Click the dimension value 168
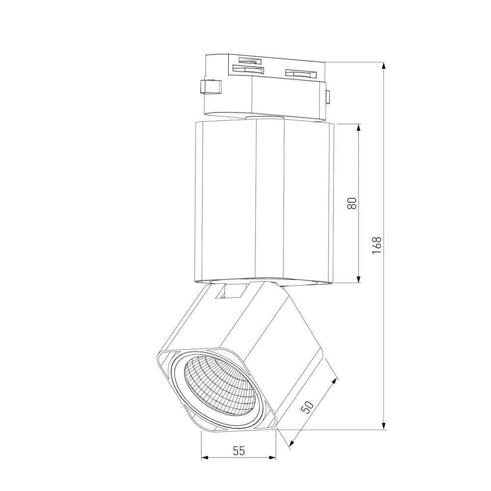point(377,245)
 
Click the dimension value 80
point(352,204)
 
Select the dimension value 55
point(239,451)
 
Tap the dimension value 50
point(307,407)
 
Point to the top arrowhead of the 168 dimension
point(384,65)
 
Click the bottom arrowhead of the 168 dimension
point(384,426)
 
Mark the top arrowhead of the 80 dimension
point(359,127)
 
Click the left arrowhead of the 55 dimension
point(204,458)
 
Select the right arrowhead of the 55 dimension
point(273,458)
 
